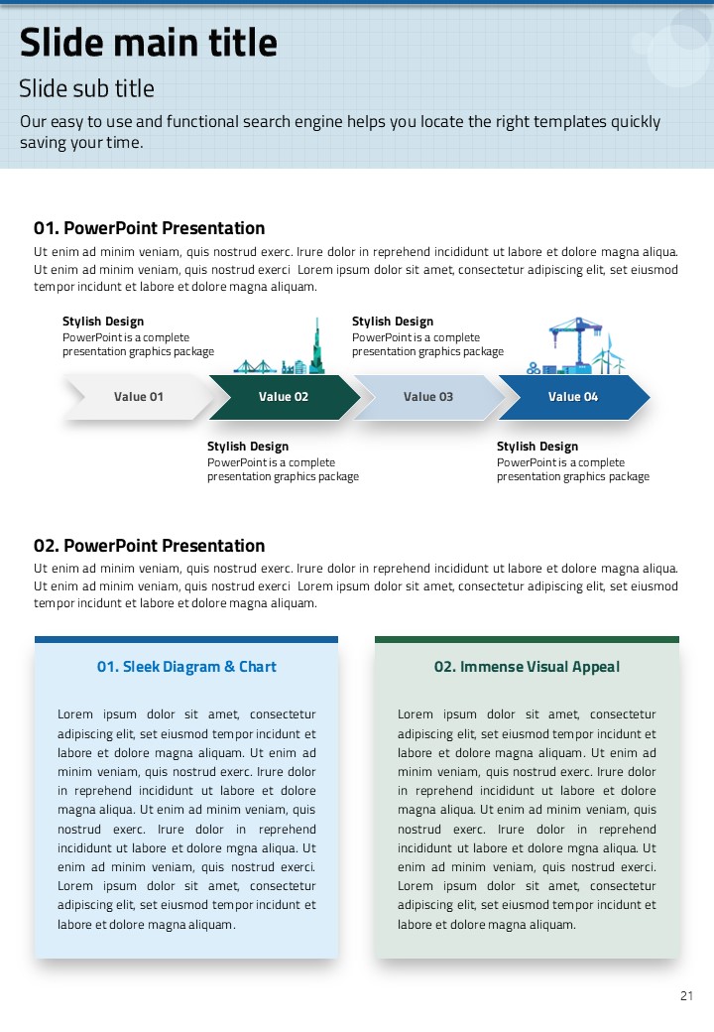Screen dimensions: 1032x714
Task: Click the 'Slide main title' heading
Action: tap(149, 44)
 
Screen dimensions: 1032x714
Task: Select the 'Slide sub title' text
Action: tap(87, 89)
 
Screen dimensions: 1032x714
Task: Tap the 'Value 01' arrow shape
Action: tap(138, 397)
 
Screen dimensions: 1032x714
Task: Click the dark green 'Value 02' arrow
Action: tap(284, 397)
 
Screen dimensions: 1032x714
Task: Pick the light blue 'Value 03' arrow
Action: tap(428, 397)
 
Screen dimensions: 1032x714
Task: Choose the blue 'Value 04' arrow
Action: tap(573, 397)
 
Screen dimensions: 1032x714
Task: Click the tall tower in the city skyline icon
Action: tap(317, 347)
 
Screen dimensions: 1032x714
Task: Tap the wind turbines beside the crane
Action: tap(610, 355)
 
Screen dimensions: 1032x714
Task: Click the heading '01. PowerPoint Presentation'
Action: tap(149, 228)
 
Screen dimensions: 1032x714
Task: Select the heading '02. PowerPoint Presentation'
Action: tap(149, 546)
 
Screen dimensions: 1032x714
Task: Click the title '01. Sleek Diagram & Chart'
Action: tap(186, 667)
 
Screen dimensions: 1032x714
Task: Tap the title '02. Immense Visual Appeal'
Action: tap(527, 667)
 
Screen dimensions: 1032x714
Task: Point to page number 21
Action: tap(686, 996)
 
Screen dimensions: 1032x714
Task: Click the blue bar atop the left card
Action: tap(186, 640)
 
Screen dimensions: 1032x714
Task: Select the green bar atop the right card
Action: tap(527, 640)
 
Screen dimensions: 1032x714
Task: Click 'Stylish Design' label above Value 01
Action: tap(103, 322)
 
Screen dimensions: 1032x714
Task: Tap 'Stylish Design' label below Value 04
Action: tap(537, 447)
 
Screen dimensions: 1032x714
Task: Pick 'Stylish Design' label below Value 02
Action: tap(248, 447)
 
